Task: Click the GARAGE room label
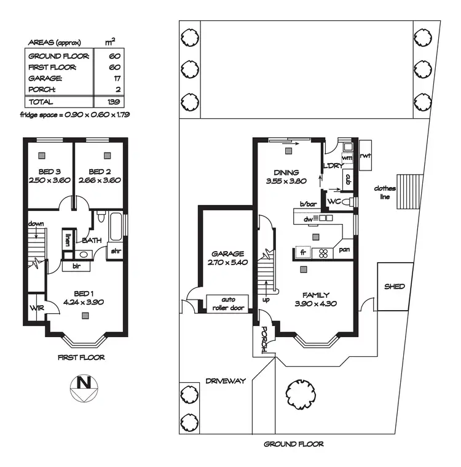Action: click(x=227, y=253)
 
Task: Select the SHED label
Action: click(x=394, y=287)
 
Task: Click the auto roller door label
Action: click(x=228, y=303)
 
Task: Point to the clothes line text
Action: click(x=386, y=193)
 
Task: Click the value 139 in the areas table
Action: click(x=112, y=102)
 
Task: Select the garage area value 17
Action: click(x=116, y=79)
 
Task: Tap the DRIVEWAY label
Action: click(x=226, y=381)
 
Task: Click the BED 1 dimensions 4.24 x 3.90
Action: click(x=84, y=302)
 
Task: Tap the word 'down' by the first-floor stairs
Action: click(x=36, y=225)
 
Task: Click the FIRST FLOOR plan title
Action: click(x=81, y=357)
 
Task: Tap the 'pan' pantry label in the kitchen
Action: click(x=344, y=249)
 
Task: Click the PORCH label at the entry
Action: click(x=264, y=338)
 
